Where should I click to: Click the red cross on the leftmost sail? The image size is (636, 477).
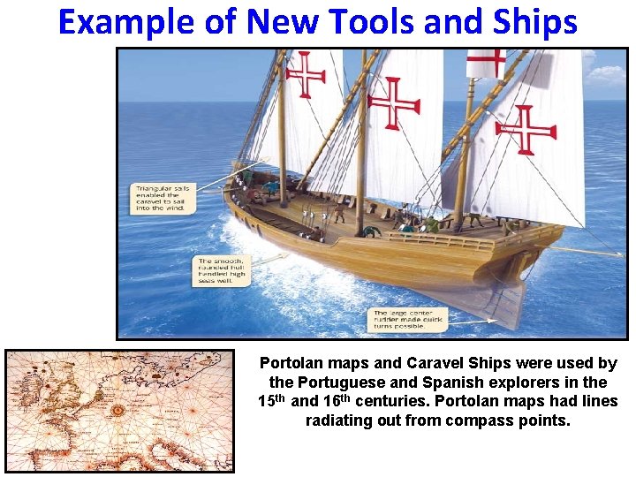pyautogui.click(x=306, y=74)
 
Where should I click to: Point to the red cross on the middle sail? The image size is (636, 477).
pyautogui.click(x=392, y=103)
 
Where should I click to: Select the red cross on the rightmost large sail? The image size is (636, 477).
pyautogui.click(x=526, y=130)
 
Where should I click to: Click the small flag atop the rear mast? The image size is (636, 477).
pyautogui.click(x=485, y=63)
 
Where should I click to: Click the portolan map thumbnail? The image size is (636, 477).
pyautogui.click(x=120, y=411)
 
